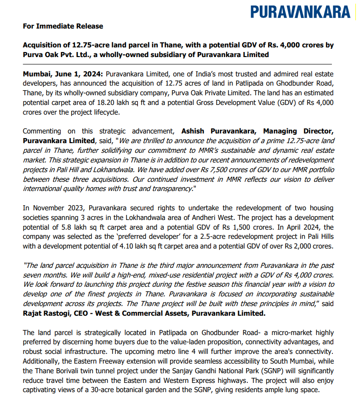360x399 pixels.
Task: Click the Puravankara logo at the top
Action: click(300, 12)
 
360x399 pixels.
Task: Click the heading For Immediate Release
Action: click(63, 26)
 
